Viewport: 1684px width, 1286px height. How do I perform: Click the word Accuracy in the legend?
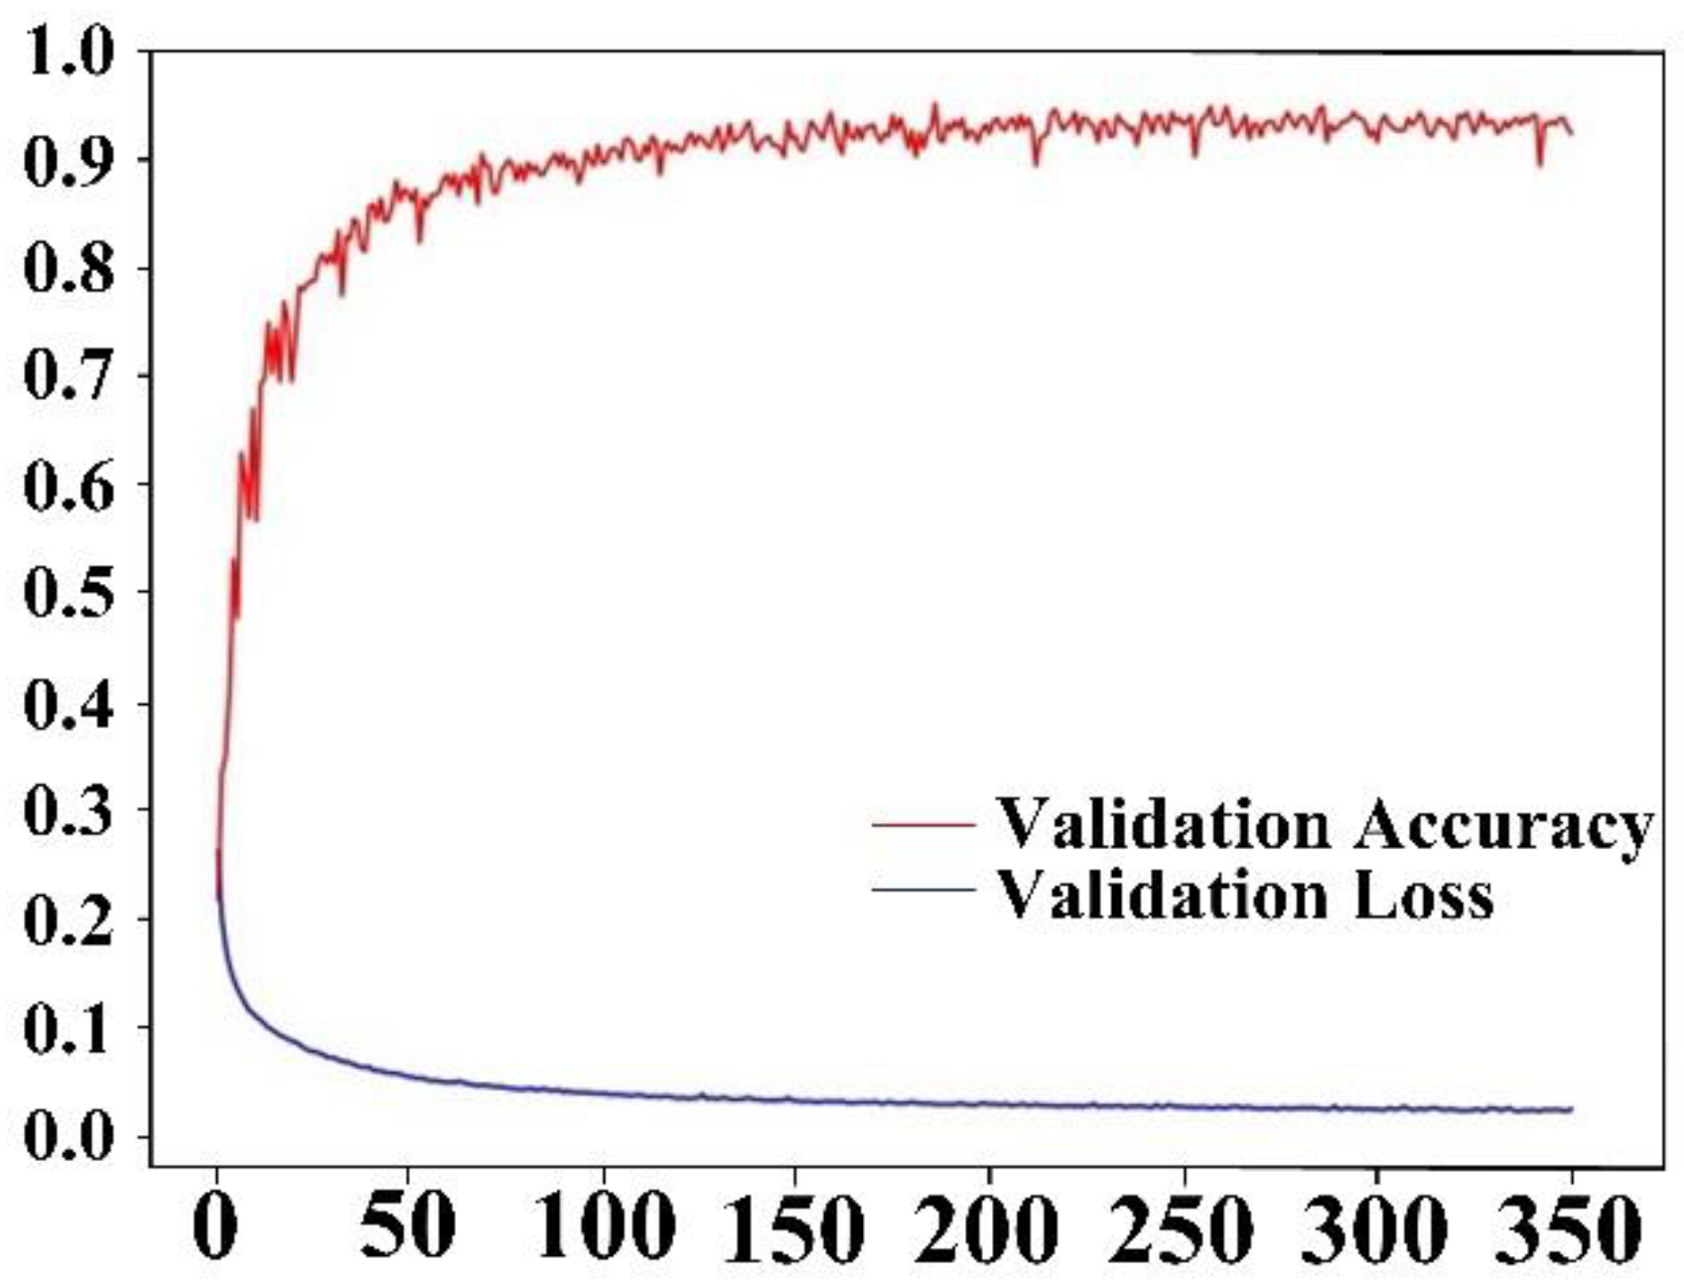click(1502, 826)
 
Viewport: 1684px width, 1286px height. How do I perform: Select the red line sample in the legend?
click(923, 824)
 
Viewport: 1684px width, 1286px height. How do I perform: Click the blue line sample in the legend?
click(923, 889)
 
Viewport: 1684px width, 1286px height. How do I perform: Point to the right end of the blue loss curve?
click(1572, 1109)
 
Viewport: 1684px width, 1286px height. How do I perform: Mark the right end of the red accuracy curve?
click(1572, 133)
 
